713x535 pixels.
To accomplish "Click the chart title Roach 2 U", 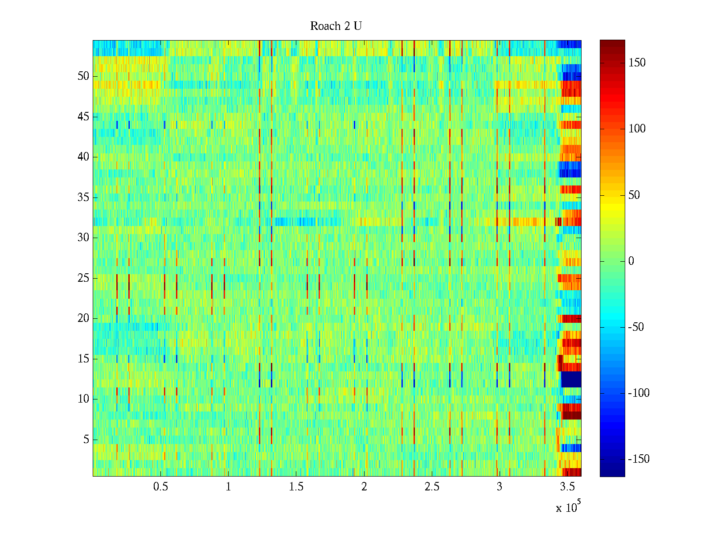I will click(336, 26).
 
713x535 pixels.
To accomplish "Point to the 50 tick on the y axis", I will click(83, 76).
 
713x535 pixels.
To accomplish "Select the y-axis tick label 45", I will click(83, 117).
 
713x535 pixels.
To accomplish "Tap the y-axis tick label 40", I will click(83, 157).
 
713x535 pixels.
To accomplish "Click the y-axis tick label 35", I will click(83, 197).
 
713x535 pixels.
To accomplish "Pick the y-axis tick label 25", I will click(83, 278).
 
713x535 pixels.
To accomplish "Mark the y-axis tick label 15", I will click(83, 359).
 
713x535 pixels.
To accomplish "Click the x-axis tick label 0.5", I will click(160, 487).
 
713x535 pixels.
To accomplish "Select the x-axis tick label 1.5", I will click(296, 487).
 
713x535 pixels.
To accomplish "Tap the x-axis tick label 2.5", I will click(432, 487).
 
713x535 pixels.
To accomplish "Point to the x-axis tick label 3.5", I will click(567, 487).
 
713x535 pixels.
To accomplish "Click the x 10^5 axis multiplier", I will click(568, 507).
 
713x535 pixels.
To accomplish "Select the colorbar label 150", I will click(637, 63).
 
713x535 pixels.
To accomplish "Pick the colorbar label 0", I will click(631, 261).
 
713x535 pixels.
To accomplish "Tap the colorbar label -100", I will click(638, 393).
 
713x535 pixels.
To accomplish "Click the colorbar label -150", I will click(638, 459).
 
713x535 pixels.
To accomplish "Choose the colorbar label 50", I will click(634, 195).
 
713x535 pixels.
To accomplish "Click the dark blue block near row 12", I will click(571, 379).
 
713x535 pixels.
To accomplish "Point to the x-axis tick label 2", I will click(364, 487).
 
